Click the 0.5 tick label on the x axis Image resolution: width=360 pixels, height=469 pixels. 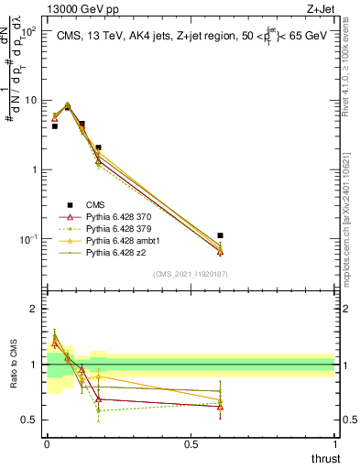[x=191, y=445]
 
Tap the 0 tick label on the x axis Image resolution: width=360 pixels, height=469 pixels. [x=47, y=445]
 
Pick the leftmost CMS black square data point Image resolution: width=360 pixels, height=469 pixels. [x=54, y=126]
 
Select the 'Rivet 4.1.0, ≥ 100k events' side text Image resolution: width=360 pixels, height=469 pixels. [x=350, y=73]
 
